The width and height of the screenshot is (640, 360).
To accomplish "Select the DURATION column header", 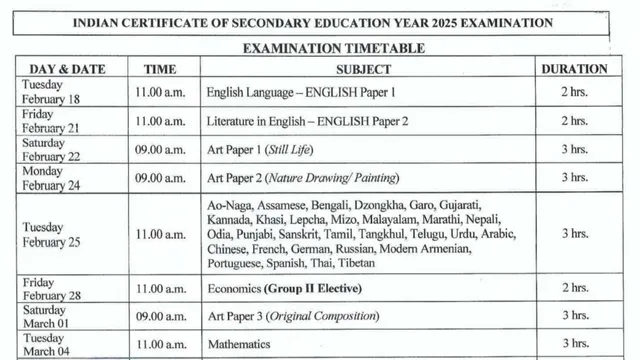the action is pyautogui.click(x=573, y=69).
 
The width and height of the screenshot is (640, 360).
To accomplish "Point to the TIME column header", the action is pyautogui.click(x=161, y=69).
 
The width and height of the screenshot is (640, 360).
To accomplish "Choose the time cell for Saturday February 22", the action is pyautogui.click(x=161, y=149).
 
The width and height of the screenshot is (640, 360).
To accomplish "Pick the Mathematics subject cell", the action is pyautogui.click(x=240, y=344).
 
